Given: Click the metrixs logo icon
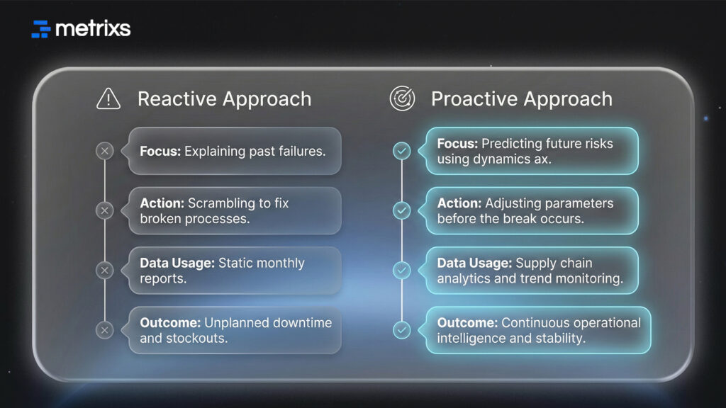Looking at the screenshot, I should coord(41,28).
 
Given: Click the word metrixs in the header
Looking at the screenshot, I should coord(92,28).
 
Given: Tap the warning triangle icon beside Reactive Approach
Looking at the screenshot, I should coord(108,99).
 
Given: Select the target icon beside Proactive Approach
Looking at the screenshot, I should coord(402,99).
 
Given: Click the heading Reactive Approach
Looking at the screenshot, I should coord(224,99).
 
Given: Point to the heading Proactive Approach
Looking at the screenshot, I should coord(521,99).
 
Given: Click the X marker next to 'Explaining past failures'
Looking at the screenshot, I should coord(105,151).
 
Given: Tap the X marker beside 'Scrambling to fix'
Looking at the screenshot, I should coord(105,210).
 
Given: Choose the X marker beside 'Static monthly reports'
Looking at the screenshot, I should coord(105,270).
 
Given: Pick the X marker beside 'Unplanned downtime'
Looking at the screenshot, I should coord(105,329).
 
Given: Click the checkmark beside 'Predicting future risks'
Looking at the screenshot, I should coord(402,151).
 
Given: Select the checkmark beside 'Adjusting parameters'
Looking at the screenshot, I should coord(402,210).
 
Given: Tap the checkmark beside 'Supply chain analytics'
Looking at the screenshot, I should coord(402,270).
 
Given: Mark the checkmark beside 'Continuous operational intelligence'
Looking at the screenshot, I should coord(402,329).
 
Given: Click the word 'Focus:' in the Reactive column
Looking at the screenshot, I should coord(160,151).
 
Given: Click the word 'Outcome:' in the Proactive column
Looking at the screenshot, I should coord(467,323).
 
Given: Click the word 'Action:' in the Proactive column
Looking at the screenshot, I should coord(459,203).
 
